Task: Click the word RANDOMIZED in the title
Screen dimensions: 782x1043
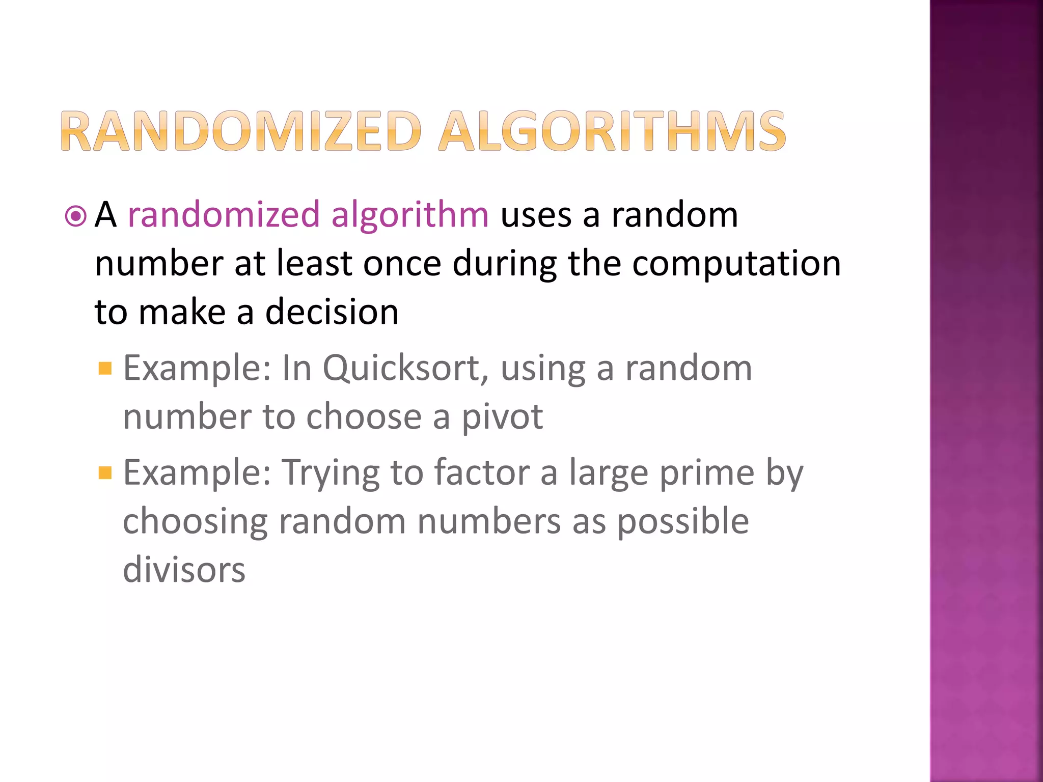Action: pos(241,131)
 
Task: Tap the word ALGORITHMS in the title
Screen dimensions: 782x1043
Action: pos(612,131)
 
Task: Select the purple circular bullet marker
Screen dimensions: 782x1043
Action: pos(76,216)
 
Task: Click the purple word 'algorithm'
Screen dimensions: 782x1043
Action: pos(409,215)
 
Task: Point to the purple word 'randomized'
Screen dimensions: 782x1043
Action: pos(224,214)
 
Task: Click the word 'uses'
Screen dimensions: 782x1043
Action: pos(536,215)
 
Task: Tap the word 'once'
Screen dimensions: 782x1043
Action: pos(402,264)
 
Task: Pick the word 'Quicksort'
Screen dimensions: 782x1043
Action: pos(402,369)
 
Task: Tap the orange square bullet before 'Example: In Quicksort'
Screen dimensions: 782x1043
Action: pos(105,368)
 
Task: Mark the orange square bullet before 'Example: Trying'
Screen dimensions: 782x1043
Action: pos(105,473)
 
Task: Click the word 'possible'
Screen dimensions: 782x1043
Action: pos(683,521)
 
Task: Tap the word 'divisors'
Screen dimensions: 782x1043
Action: pos(184,570)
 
